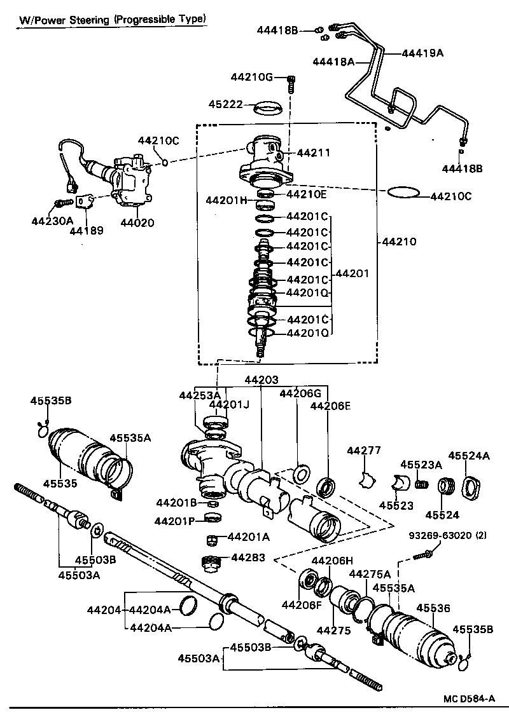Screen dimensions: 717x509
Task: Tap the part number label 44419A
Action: tap(422, 53)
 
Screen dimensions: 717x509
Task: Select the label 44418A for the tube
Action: tap(333, 62)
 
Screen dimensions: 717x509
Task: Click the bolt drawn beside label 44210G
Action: tap(291, 83)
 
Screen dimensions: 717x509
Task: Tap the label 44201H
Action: tap(226, 200)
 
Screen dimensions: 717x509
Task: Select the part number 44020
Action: tap(136, 223)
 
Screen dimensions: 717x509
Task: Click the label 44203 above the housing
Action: tap(261, 379)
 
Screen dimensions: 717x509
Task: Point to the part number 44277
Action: tap(363, 451)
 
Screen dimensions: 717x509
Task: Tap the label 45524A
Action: tap(469, 455)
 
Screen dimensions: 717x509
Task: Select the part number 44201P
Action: tap(175, 521)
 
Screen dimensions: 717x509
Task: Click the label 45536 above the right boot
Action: tap(433, 608)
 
